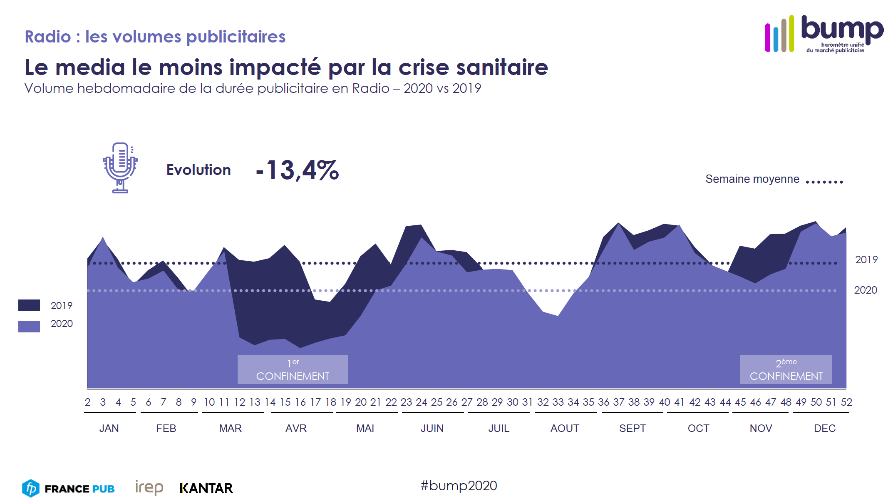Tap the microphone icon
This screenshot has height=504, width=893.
[x=120, y=168]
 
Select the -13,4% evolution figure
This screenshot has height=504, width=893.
[x=298, y=170]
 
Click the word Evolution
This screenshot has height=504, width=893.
[x=198, y=170]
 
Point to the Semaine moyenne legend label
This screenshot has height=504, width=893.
[x=752, y=179]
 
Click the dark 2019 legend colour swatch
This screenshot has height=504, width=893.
[x=29, y=305]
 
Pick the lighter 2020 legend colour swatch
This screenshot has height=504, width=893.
[x=29, y=326]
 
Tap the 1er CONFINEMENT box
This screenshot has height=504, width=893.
[x=293, y=369]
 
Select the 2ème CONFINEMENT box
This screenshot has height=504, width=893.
[x=786, y=369]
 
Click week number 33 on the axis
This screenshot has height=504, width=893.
[x=558, y=402]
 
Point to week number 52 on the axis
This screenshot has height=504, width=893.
[x=846, y=402]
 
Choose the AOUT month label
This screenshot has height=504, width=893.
[x=565, y=428]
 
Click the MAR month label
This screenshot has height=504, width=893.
[x=230, y=428]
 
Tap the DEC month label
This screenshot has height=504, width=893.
[x=824, y=428]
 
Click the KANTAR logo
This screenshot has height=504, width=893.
[x=206, y=488]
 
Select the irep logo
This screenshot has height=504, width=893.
[x=149, y=487]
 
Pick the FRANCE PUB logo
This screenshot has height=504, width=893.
[x=69, y=488]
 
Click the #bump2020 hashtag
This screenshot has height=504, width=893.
[x=459, y=486]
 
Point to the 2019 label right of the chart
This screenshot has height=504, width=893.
[x=866, y=259]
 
